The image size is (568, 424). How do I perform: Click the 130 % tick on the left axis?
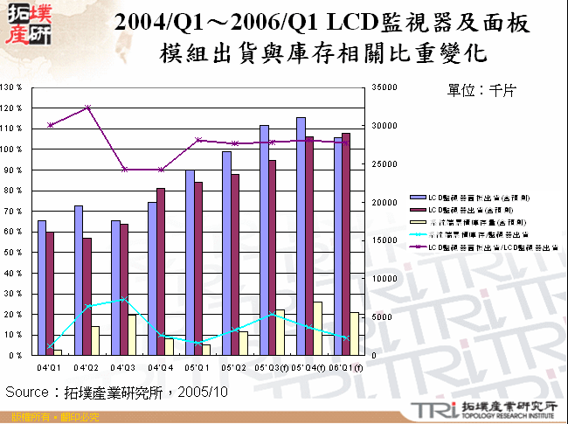(12, 87)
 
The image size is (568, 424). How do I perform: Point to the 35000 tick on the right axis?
(384, 87)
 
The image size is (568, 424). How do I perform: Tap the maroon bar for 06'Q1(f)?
(346, 244)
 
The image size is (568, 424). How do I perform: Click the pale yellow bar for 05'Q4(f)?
(317, 329)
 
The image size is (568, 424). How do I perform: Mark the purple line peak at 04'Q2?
(87, 108)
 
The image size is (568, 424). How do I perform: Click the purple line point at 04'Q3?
(125, 170)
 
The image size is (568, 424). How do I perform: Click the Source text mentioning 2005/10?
(117, 392)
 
